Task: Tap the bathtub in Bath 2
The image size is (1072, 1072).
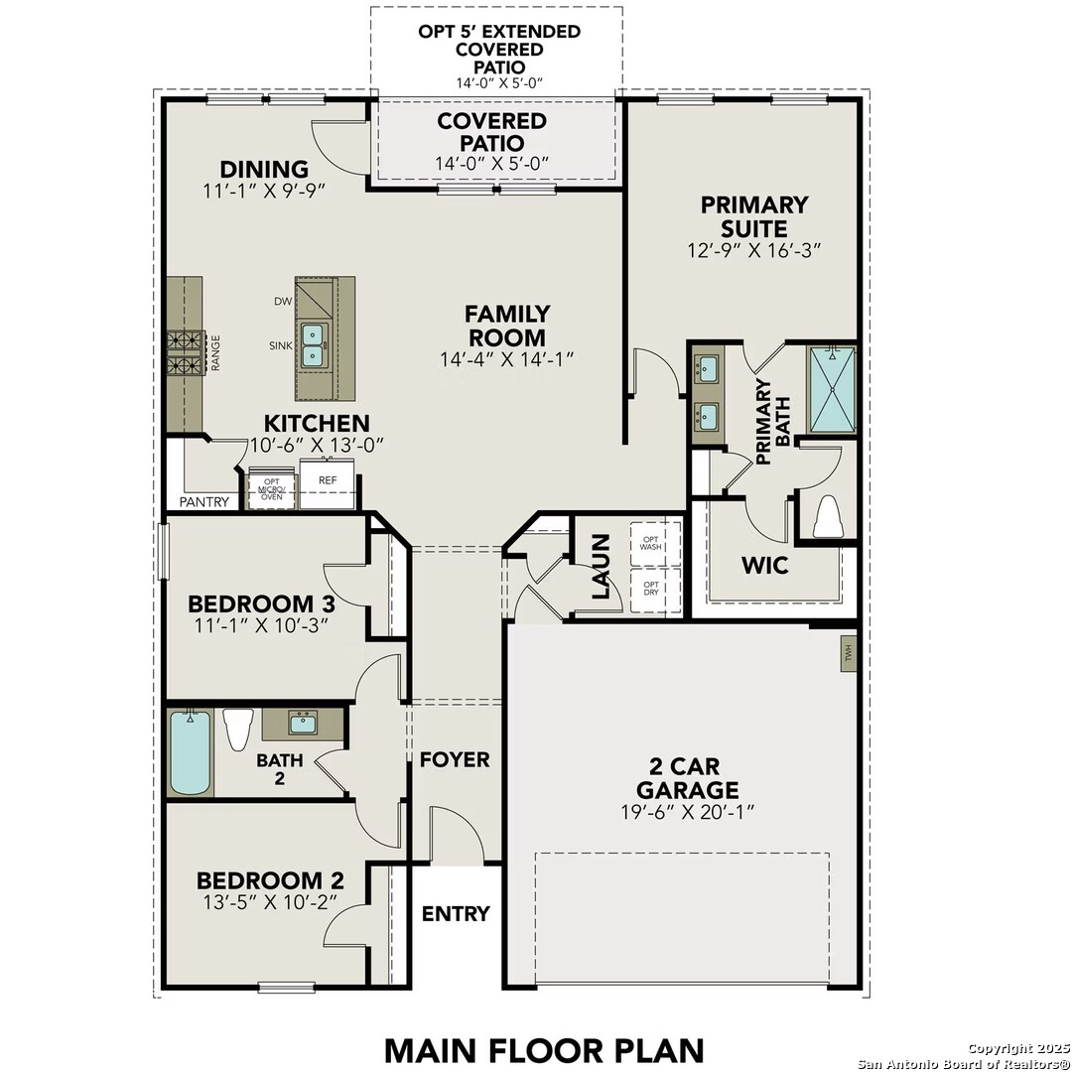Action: (x=190, y=752)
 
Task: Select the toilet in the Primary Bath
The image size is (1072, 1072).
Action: (x=828, y=516)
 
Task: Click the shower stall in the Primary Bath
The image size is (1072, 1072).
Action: (x=832, y=390)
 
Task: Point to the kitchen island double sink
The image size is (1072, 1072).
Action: (x=313, y=345)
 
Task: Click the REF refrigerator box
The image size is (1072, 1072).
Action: (x=328, y=484)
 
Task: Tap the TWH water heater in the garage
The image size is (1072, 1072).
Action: (x=849, y=653)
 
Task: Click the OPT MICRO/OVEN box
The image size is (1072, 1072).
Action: (x=271, y=488)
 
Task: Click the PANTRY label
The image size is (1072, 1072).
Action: (x=204, y=502)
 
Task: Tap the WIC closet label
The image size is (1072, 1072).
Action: (x=765, y=566)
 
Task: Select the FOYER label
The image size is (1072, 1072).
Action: (x=455, y=759)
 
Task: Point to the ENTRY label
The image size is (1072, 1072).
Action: (x=456, y=913)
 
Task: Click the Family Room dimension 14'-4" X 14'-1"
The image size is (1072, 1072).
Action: (x=506, y=359)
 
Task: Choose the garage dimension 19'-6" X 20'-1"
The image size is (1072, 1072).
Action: (x=688, y=812)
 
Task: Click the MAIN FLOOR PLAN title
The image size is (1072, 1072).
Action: (x=544, y=1050)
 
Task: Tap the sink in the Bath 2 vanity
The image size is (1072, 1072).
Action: (x=303, y=723)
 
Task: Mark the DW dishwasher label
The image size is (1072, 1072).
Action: (x=282, y=302)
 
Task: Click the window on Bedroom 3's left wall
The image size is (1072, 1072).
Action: (x=163, y=551)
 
